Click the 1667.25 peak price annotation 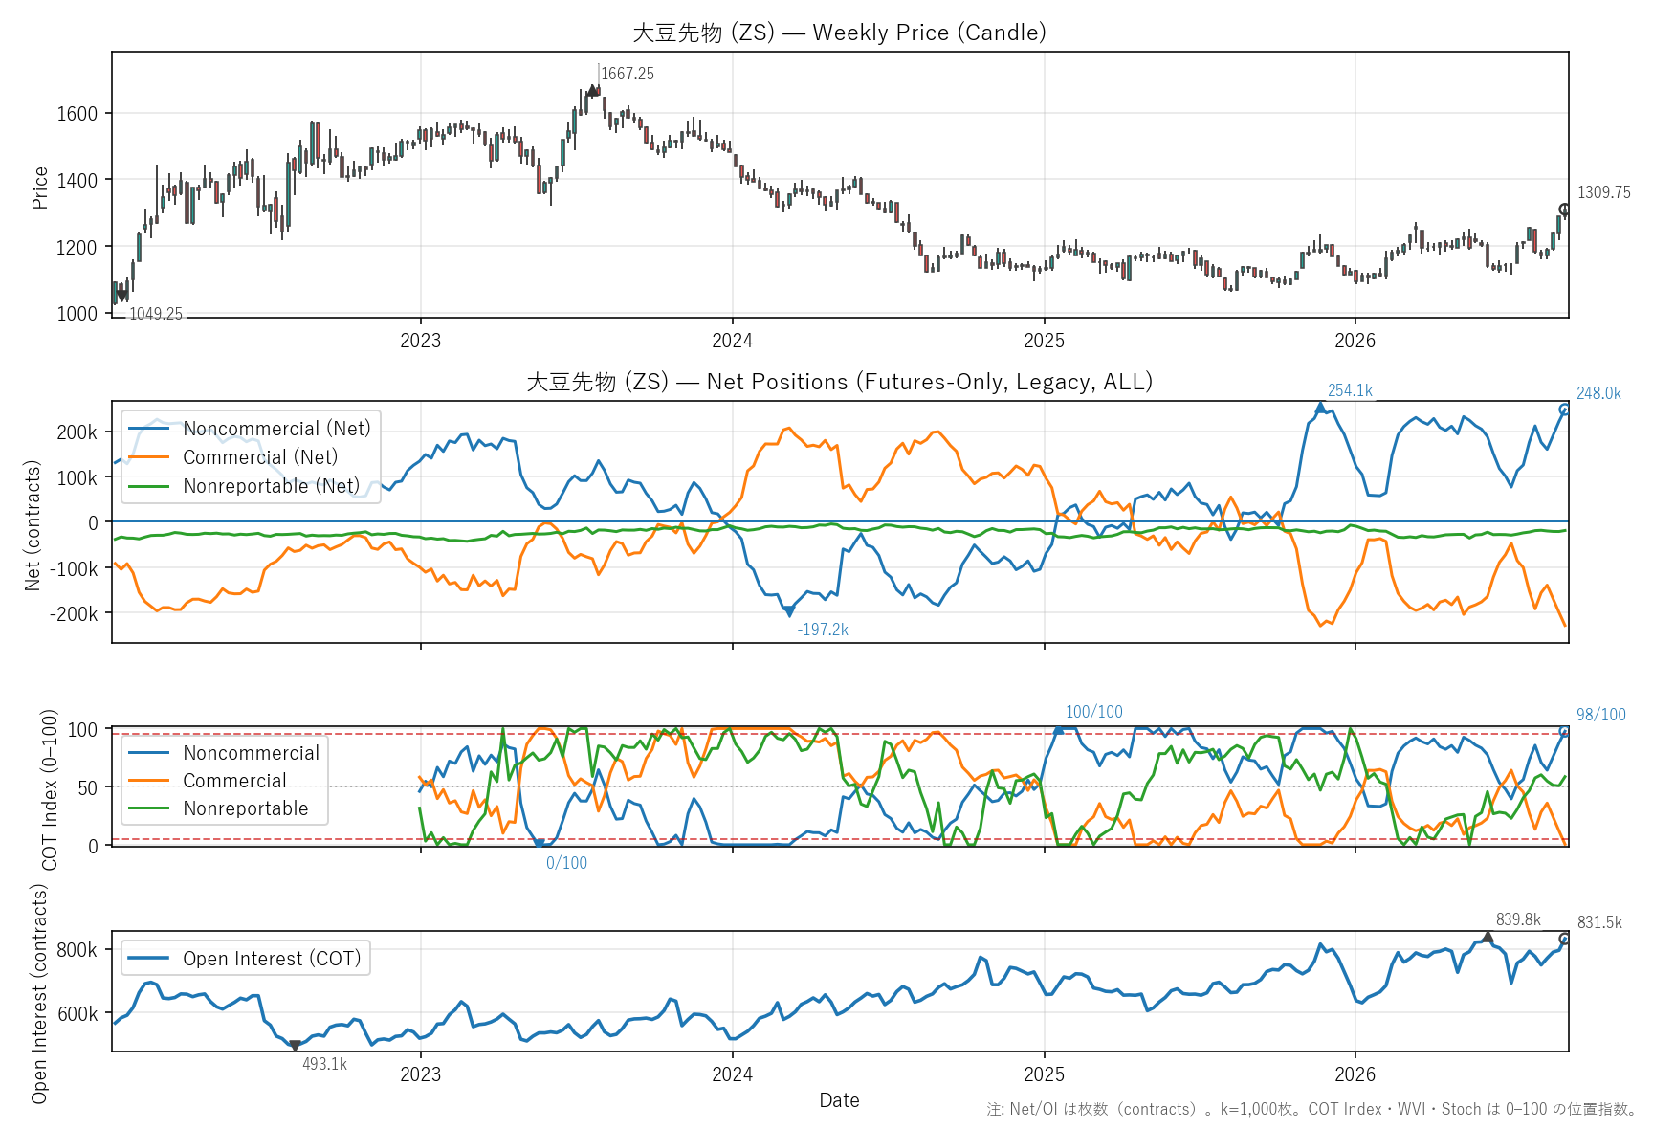tap(628, 74)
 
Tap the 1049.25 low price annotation tap(156, 314)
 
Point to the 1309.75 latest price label tap(1604, 192)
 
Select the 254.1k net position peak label tap(1350, 390)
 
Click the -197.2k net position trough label tap(823, 630)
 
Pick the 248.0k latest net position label tap(1598, 393)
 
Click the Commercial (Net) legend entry tap(260, 457)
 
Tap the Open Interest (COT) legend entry tap(272, 959)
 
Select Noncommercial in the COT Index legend tap(252, 753)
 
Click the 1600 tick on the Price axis tap(77, 113)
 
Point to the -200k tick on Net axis tap(74, 613)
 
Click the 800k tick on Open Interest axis tap(77, 950)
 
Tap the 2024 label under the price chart tap(733, 341)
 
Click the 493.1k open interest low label tap(324, 1064)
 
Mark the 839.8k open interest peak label tap(1518, 919)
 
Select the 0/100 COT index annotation tap(566, 863)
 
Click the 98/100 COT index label tap(1600, 715)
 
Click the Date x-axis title tap(839, 1100)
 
